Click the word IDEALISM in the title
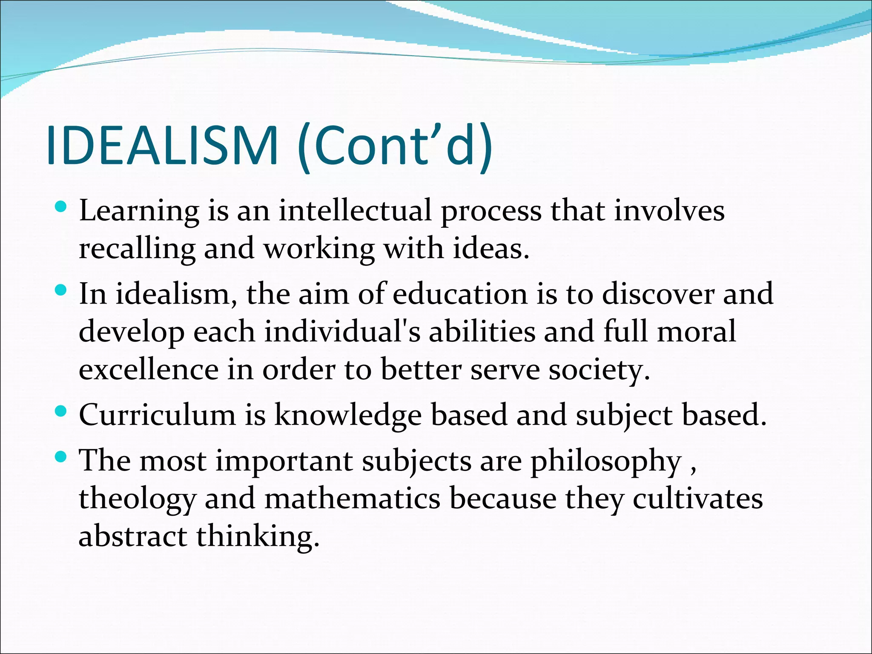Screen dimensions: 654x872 pyautogui.click(x=162, y=146)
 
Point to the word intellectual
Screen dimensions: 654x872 pyautogui.click(x=355, y=211)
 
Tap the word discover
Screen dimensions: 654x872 pyautogui.click(x=658, y=294)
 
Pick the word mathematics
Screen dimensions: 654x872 pyautogui.click(x=352, y=499)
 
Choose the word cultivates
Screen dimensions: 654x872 pyautogui.click(x=697, y=499)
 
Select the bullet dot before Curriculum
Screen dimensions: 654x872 pyautogui.click(x=61, y=411)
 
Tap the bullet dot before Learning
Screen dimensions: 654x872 pyautogui.click(x=61, y=207)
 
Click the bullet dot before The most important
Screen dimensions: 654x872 pyautogui.click(x=61, y=457)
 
